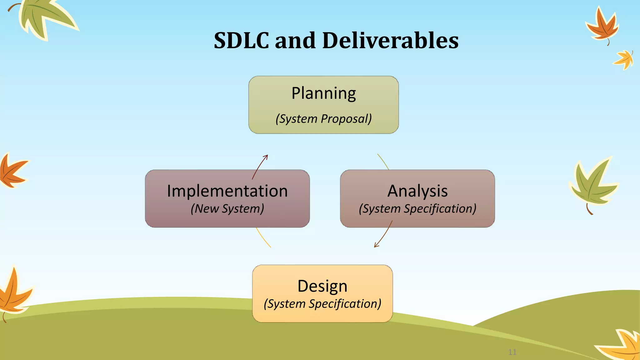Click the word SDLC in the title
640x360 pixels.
241,41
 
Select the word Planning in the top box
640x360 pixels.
323,93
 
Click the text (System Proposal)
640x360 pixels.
323,119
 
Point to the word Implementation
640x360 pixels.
227,191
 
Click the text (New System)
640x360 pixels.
227,209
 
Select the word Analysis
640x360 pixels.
417,191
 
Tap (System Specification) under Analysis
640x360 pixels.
417,209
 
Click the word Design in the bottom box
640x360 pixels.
322,286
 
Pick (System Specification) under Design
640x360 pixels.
322,304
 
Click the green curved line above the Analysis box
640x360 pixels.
383,162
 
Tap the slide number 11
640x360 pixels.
512,352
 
